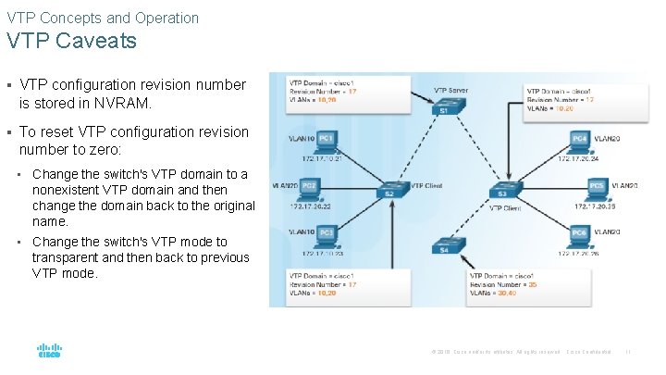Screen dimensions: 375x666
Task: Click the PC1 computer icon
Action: [x=325, y=142]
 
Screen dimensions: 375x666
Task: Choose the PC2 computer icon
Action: [x=310, y=188]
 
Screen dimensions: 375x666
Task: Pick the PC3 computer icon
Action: [x=325, y=235]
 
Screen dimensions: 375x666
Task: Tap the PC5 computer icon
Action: [x=596, y=188]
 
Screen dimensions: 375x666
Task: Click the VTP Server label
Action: [x=451, y=90]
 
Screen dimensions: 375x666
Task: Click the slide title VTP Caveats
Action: [x=71, y=41]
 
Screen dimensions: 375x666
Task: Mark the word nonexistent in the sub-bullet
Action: [x=72, y=190]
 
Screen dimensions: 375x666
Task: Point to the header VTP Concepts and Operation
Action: [x=103, y=18]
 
